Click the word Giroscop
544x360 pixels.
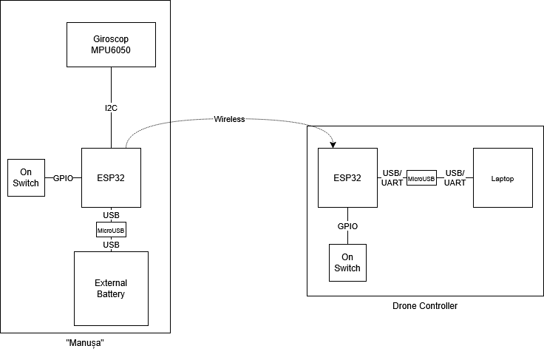[111, 39]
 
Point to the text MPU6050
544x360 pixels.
[111, 50]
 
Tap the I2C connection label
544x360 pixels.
[111, 108]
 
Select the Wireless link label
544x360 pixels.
[229, 119]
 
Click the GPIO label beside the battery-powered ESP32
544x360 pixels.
[64, 178]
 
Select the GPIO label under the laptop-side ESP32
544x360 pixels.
[347, 226]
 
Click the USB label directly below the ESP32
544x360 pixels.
[111, 215]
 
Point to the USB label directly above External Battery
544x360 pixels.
[111, 245]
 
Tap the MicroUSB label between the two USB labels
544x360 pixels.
[111, 230]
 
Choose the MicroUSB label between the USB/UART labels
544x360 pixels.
[421, 178]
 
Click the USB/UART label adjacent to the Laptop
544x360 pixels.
[455, 178]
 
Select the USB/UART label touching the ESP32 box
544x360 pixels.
[392, 178]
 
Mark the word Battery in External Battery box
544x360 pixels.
[111, 294]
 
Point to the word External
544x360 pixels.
[111, 283]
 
